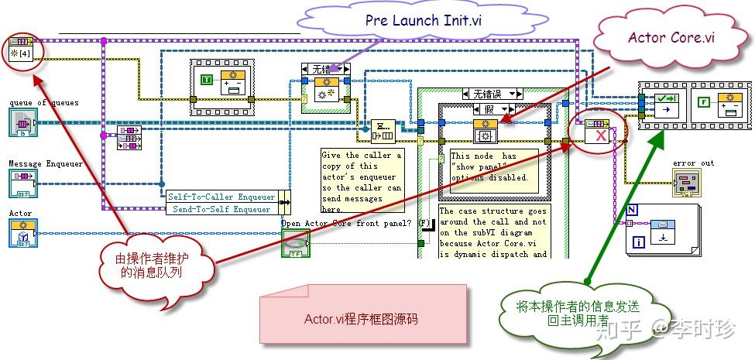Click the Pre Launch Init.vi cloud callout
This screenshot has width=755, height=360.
(x=424, y=22)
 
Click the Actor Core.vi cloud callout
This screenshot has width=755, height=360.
(x=671, y=38)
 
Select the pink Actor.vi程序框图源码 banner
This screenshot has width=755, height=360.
(x=362, y=317)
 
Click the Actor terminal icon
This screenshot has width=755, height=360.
(x=22, y=233)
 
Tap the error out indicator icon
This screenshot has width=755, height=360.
(x=687, y=183)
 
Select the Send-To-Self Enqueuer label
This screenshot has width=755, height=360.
(x=222, y=208)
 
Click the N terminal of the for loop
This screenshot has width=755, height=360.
(x=633, y=209)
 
